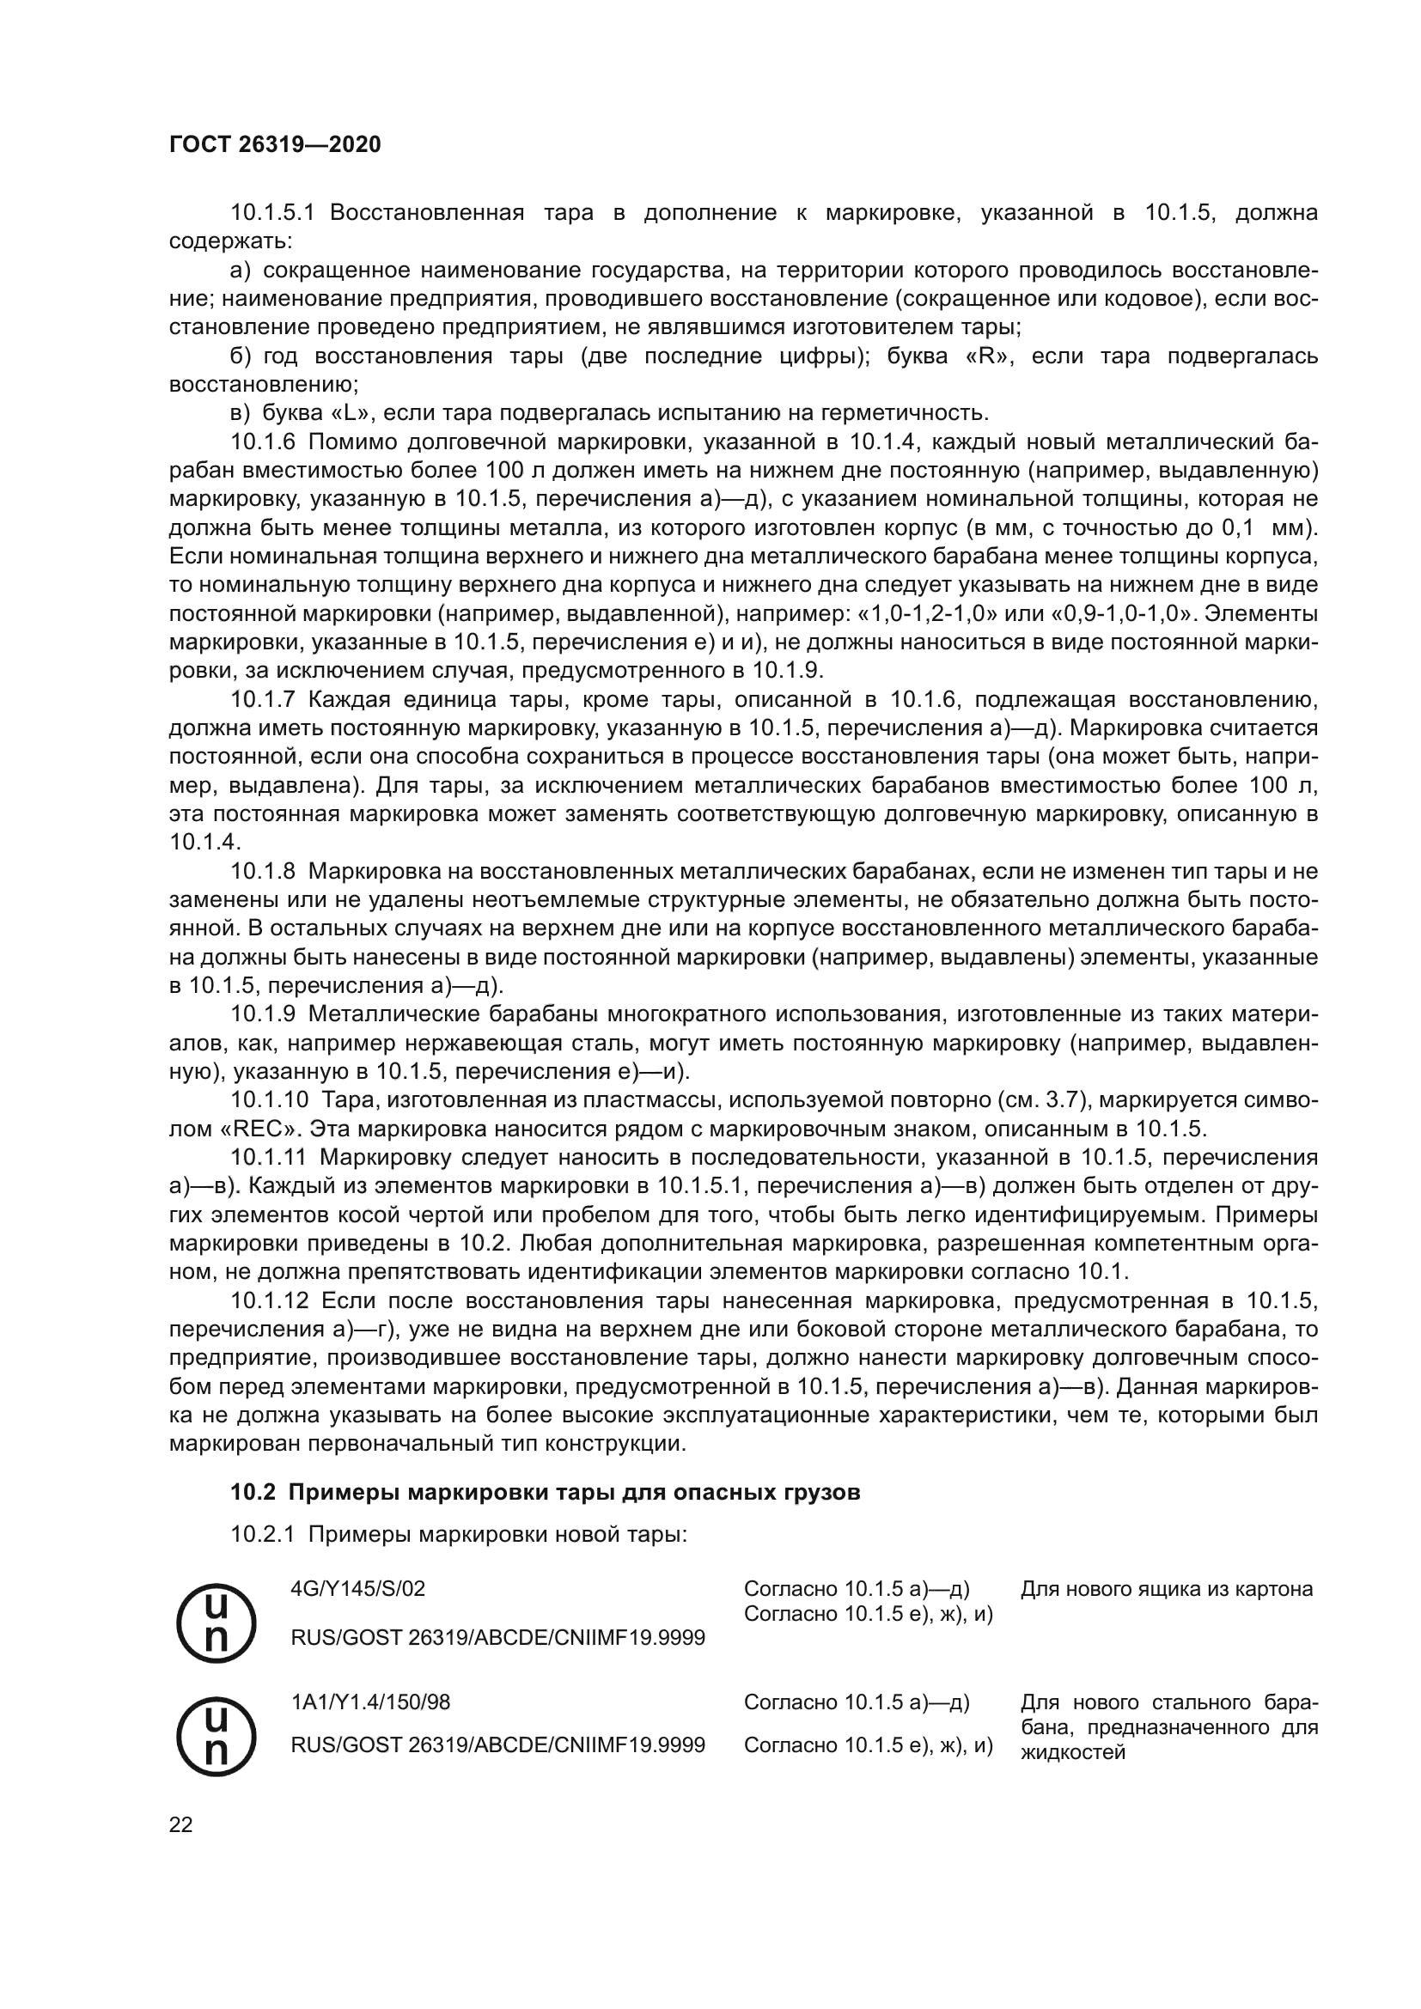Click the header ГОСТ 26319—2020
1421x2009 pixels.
[275, 144]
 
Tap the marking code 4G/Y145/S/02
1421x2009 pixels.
[358, 1588]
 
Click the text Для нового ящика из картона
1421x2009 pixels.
[1167, 1588]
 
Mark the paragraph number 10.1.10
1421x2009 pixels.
[268, 1100]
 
